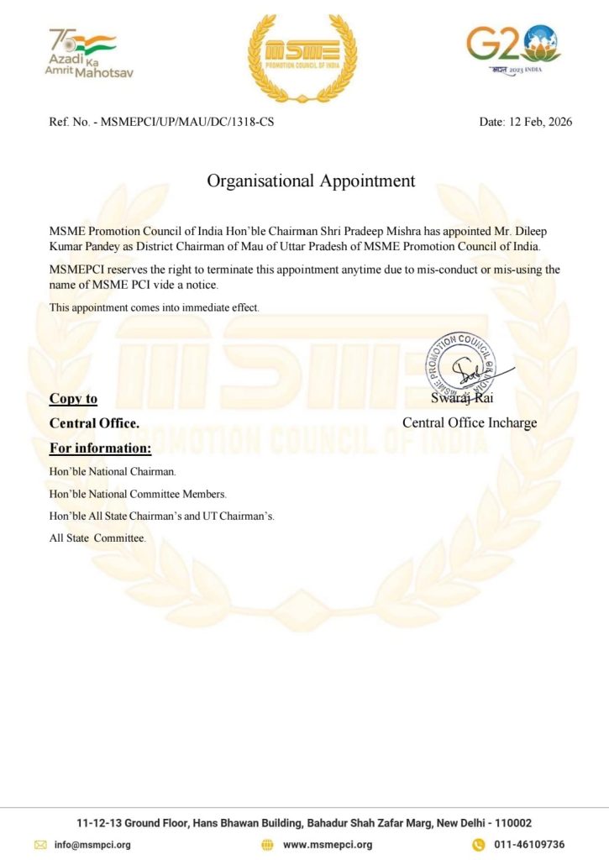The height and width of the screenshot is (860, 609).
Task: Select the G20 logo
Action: coord(514,49)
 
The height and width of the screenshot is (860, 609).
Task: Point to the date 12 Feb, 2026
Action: coord(540,122)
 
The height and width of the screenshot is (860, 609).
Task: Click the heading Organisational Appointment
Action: coord(311,181)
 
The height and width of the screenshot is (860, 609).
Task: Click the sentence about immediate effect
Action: coord(155,307)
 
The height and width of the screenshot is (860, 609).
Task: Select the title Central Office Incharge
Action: coord(469,422)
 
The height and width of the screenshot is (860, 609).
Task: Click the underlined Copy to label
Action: coord(73,399)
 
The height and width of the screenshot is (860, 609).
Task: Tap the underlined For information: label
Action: coord(100,447)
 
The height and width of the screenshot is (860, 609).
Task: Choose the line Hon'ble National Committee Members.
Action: coord(138,494)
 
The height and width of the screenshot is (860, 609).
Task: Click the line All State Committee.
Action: coord(97,537)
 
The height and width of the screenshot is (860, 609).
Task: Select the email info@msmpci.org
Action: coord(92,844)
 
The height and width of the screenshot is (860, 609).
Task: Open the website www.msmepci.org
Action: coord(327,844)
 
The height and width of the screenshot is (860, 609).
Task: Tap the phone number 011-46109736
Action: coord(528,844)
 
